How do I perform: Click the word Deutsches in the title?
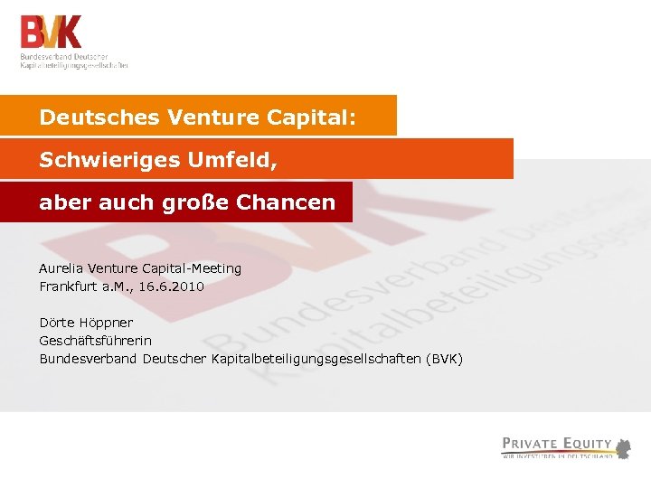tap(85, 117)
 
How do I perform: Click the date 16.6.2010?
tap(171, 286)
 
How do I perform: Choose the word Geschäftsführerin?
tap(95, 341)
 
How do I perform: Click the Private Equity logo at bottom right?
tap(566, 446)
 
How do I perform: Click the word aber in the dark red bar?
tap(59, 202)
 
